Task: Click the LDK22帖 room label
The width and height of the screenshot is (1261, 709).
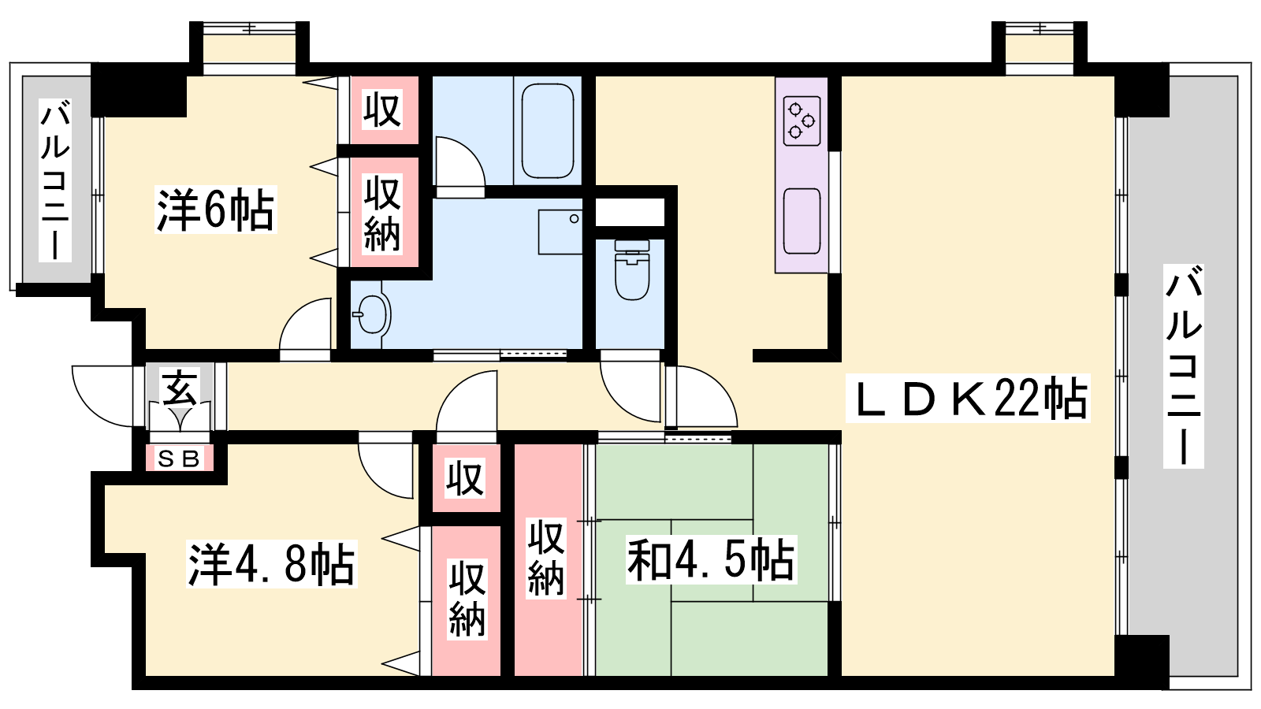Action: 968,399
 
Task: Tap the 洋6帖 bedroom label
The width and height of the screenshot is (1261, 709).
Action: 216,210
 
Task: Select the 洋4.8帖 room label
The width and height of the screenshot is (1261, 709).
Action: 272,564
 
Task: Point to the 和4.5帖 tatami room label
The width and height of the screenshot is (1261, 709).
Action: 712,559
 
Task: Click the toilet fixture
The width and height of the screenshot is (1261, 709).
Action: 632,269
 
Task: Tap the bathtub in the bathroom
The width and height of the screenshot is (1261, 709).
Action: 547,131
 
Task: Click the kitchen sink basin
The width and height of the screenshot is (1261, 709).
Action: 802,221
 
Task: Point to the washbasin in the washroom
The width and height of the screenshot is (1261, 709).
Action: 372,314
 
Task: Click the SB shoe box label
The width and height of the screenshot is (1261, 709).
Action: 179,459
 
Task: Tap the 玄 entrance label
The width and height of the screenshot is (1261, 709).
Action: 180,387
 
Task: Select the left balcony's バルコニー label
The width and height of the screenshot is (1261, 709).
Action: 55,180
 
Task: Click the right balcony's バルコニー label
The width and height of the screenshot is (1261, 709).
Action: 1184,366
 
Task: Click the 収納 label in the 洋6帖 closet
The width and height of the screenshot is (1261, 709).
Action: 382,213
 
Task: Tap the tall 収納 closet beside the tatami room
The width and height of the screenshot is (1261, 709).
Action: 546,559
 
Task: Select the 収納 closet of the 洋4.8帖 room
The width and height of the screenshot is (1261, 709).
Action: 467,599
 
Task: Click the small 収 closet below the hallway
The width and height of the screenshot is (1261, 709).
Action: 465,479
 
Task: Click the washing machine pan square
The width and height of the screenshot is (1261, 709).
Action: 560,232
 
